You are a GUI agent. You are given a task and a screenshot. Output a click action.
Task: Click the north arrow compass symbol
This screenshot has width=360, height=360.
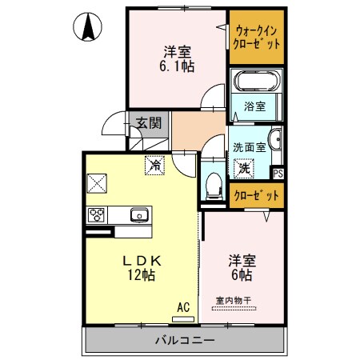click(x=86, y=28)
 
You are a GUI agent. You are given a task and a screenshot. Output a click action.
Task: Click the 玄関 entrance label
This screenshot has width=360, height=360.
click(x=148, y=122)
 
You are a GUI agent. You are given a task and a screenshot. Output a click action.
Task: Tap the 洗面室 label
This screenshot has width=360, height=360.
click(x=248, y=148)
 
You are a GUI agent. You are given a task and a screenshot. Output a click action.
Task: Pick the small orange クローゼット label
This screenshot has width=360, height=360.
click(x=256, y=195)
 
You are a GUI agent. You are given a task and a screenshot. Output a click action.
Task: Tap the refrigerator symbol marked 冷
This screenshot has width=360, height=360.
click(x=152, y=166)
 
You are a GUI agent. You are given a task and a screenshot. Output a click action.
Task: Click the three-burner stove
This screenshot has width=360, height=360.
click(x=98, y=214)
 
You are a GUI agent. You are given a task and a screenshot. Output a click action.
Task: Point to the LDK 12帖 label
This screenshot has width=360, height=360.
click(x=143, y=268)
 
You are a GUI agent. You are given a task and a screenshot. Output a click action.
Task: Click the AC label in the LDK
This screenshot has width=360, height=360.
click(x=183, y=306)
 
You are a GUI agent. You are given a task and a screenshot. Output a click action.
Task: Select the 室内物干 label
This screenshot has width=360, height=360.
click(x=234, y=301)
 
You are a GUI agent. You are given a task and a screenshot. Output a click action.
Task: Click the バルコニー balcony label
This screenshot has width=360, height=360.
click(x=185, y=340)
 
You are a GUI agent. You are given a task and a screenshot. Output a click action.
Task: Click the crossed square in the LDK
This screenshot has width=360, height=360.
click(x=98, y=183)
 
